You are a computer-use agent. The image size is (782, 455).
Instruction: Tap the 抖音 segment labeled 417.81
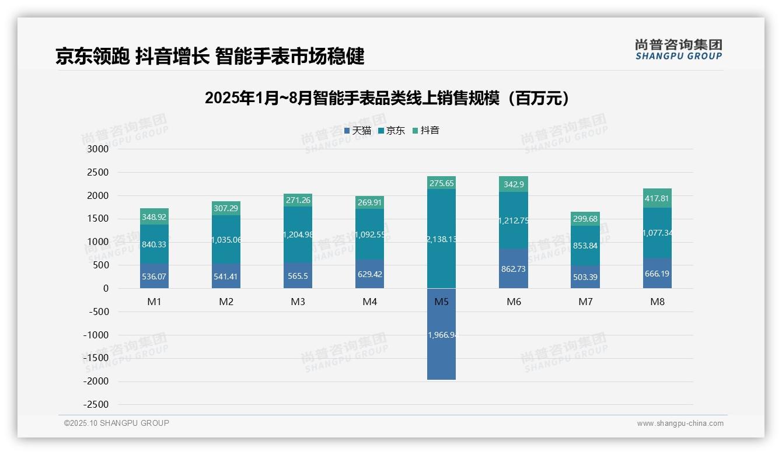[657, 198]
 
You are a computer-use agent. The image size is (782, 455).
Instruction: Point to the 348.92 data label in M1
[154, 217]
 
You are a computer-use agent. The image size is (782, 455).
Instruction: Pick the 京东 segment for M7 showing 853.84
[585, 246]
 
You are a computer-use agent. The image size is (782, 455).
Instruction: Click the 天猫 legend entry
[358, 131]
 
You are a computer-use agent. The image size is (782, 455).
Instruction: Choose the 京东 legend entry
[392, 131]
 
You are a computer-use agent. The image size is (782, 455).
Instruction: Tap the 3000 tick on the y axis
[97, 149]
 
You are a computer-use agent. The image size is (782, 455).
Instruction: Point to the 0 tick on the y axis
[106, 288]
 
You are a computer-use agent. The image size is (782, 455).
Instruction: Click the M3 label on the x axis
[298, 302]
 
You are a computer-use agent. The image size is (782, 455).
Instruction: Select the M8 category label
[657, 302]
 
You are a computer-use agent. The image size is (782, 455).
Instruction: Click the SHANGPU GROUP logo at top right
[678, 49]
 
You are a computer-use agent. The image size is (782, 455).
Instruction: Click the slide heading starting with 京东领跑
[210, 56]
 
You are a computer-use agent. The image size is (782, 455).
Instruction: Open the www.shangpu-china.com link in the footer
[680, 423]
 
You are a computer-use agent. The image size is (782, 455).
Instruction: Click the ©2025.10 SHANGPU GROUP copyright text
[117, 423]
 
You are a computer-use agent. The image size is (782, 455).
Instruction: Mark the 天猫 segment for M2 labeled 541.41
[226, 276]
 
